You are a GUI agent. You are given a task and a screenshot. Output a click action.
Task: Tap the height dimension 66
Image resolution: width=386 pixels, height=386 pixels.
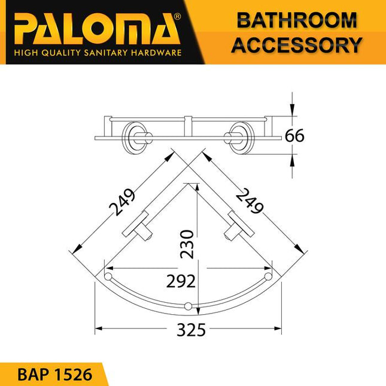[294, 136]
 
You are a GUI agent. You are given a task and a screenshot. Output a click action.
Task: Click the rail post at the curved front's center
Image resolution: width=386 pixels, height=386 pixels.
[189, 307]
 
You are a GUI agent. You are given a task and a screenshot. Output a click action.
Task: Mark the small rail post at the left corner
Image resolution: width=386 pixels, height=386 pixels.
[108, 276]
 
